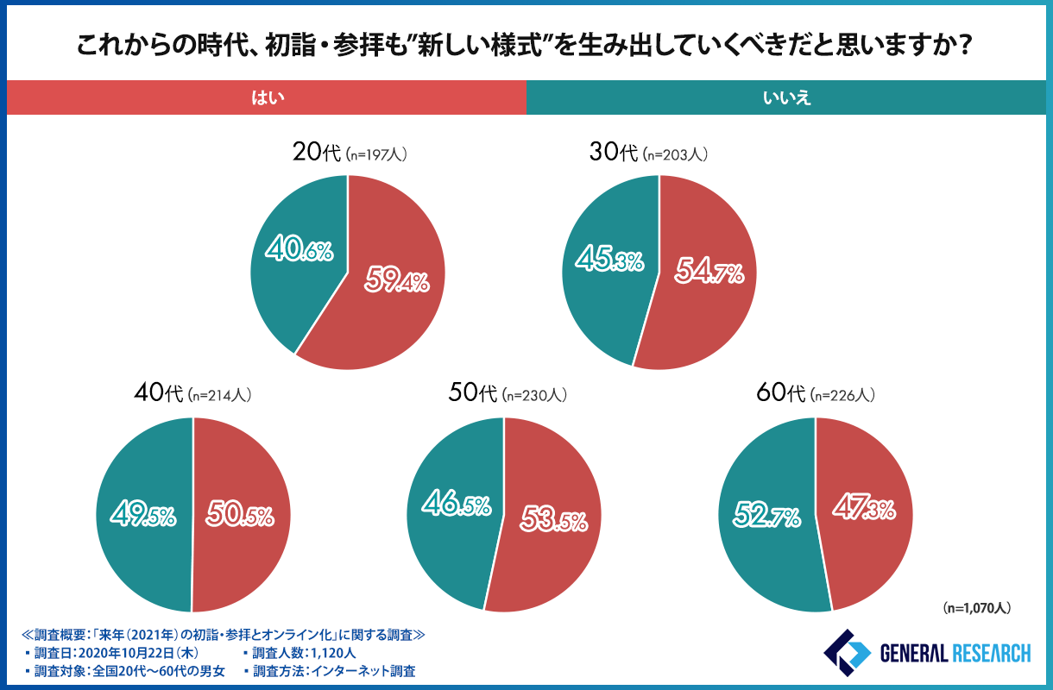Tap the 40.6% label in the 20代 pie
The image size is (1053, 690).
(300, 252)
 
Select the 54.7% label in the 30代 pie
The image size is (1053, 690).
(709, 273)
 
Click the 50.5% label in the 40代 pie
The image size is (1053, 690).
(240, 516)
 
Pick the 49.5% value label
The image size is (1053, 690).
(142, 516)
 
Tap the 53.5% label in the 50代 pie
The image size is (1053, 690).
(553, 520)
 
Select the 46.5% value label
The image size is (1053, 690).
(456, 505)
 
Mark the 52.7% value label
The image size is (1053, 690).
(767, 516)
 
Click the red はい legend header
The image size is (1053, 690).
(267, 98)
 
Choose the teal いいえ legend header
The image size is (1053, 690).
(787, 98)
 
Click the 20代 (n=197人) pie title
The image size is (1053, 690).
(349, 154)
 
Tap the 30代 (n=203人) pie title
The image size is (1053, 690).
(659, 154)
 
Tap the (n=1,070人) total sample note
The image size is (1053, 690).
(975, 607)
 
